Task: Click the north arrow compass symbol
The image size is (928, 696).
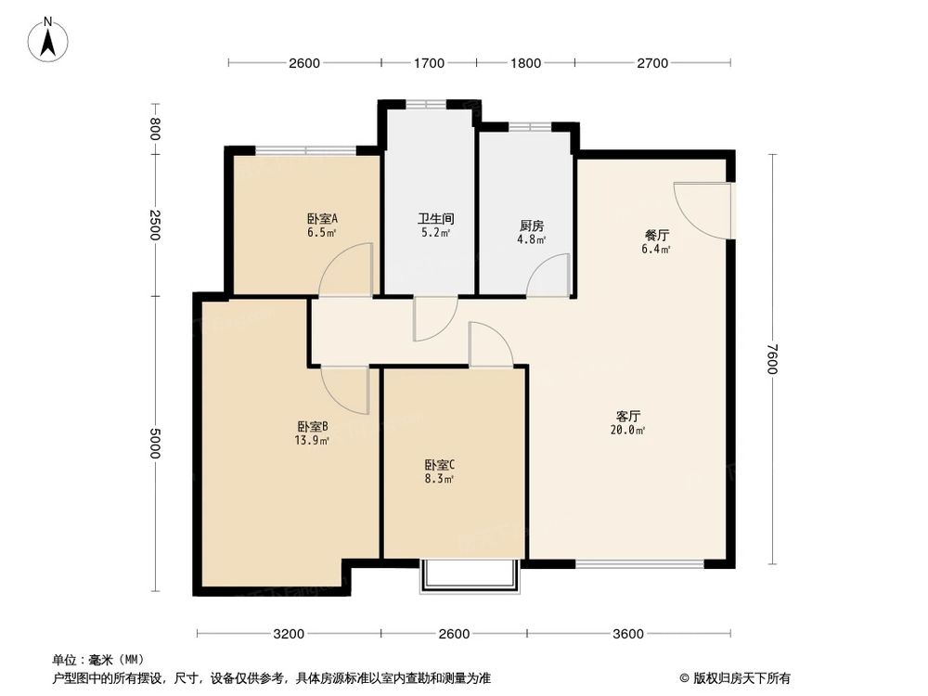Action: [x=48, y=40]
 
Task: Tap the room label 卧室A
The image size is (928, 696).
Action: [x=322, y=219]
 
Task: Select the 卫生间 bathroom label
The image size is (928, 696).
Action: [x=434, y=219]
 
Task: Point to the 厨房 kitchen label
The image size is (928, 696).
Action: [x=531, y=226]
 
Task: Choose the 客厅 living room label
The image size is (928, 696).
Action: [x=629, y=417]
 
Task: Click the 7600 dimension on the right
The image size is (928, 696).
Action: [x=770, y=360]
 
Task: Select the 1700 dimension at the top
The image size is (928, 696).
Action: [x=429, y=63]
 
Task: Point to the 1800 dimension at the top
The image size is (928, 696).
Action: [x=525, y=63]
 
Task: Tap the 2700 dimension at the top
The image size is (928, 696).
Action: [x=652, y=63]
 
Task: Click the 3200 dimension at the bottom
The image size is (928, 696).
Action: [x=289, y=634]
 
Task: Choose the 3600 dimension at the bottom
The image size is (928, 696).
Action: [x=628, y=634]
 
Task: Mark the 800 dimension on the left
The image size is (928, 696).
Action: [x=155, y=130]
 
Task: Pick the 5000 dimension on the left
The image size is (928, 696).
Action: [x=155, y=444]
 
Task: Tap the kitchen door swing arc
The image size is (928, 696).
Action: [x=548, y=277]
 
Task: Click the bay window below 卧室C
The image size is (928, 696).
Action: [x=470, y=575]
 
